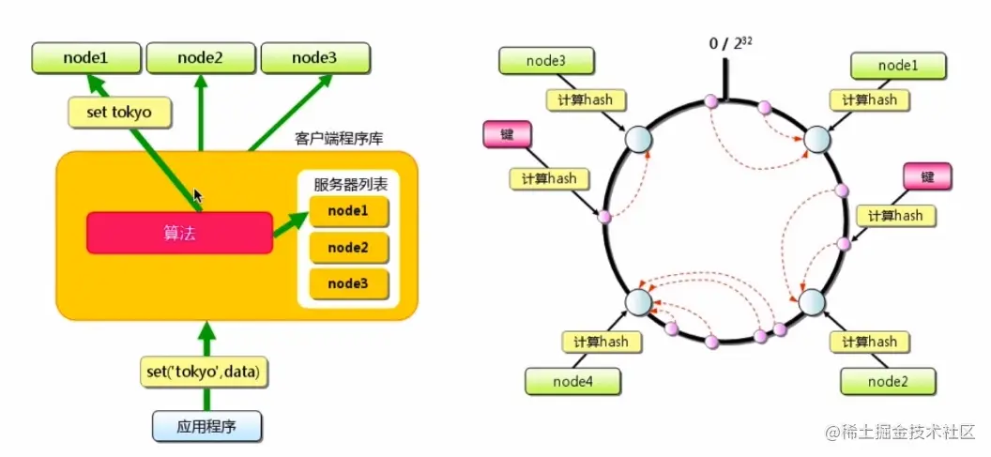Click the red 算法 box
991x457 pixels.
click(179, 232)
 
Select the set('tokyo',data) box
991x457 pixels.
click(202, 372)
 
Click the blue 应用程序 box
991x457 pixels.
click(206, 427)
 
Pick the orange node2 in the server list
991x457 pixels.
click(347, 248)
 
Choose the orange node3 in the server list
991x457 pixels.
click(347, 283)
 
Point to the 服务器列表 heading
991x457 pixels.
click(349, 182)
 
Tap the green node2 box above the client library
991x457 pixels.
click(200, 58)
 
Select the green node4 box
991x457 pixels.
click(572, 381)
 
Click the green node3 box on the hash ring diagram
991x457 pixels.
click(545, 61)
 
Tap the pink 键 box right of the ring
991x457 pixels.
click(927, 175)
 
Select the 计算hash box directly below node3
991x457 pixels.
click(586, 99)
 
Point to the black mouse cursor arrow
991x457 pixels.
click(197, 195)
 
